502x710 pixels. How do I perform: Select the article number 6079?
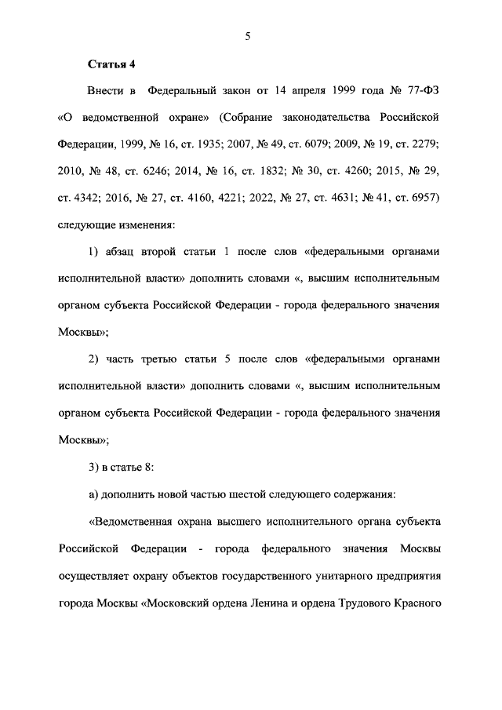coord(310,145)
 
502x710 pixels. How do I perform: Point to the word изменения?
coord(147,225)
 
